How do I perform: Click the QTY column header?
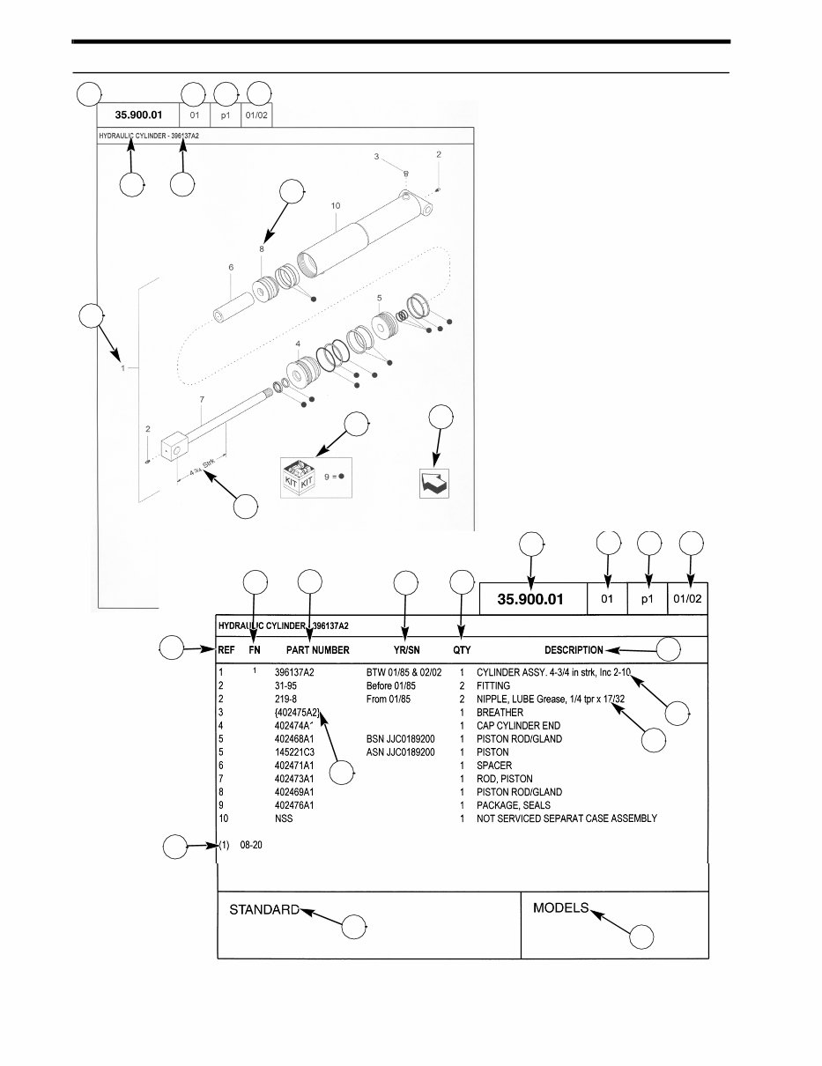[x=462, y=650]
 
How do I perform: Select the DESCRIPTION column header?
[x=574, y=650]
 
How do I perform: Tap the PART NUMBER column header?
[x=312, y=650]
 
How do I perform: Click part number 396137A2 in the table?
[x=294, y=672]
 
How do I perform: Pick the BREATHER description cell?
[x=500, y=712]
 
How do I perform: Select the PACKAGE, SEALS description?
[x=513, y=805]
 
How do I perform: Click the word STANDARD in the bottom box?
[x=264, y=909]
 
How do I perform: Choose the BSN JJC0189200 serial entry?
[x=400, y=739]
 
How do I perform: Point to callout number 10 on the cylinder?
[x=335, y=205]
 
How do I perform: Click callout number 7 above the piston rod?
[x=202, y=400]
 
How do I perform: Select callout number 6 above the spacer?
[x=230, y=268]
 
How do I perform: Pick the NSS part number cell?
[x=283, y=818]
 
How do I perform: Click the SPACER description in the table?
[x=493, y=766]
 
